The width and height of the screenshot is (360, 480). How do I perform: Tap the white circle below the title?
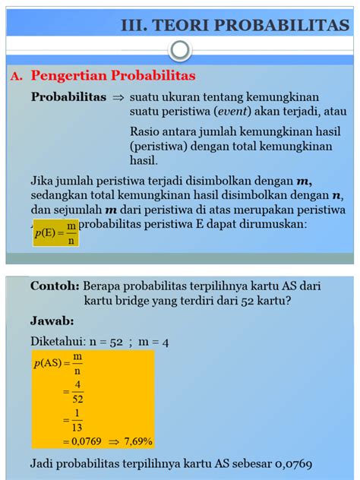click(179, 51)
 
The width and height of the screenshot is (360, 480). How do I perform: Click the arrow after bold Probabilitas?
click(118, 98)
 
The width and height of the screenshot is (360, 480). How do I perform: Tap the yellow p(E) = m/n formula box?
click(55, 232)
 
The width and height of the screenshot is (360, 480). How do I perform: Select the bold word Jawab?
click(52, 320)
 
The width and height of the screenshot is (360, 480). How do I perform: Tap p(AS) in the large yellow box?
click(49, 363)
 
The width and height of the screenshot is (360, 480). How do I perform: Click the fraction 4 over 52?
click(77, 391)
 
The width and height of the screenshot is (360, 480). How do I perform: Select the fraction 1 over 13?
click(77, 418)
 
